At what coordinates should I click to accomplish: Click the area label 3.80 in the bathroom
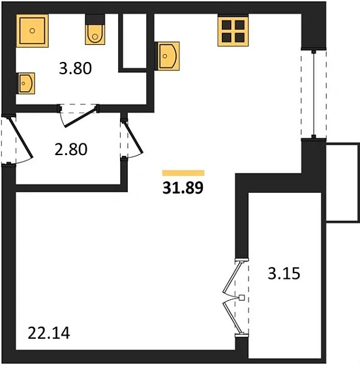[x=75, y=68]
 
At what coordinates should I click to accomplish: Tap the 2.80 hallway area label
[x=71, y=149]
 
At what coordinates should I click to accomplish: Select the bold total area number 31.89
[x=183, y=188]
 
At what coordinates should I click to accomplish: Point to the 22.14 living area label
[x=49, y=333]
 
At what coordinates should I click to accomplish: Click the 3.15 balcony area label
[x=284, y=274]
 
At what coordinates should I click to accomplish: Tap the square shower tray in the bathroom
[x=33, y=31]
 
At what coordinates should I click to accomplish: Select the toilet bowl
[x=95, y=35]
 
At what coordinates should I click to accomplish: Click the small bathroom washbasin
[x=25, y=83]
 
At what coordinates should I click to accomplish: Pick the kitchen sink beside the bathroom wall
[x=167, y=56]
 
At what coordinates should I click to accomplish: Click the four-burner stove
[x=233, y=31]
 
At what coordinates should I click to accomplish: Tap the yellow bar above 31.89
[x=183, y=173]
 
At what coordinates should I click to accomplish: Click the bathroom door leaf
[x=80, y=117]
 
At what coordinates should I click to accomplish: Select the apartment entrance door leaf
[x=20, y=138]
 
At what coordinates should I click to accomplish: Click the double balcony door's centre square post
[x=242, y=297]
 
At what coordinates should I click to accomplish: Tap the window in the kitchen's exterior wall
[x=314, y=94]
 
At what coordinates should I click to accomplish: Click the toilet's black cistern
[x=95, y=19]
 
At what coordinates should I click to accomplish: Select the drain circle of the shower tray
[x=33, y=31]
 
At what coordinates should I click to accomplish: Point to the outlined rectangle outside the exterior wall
[x=342, y=182]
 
